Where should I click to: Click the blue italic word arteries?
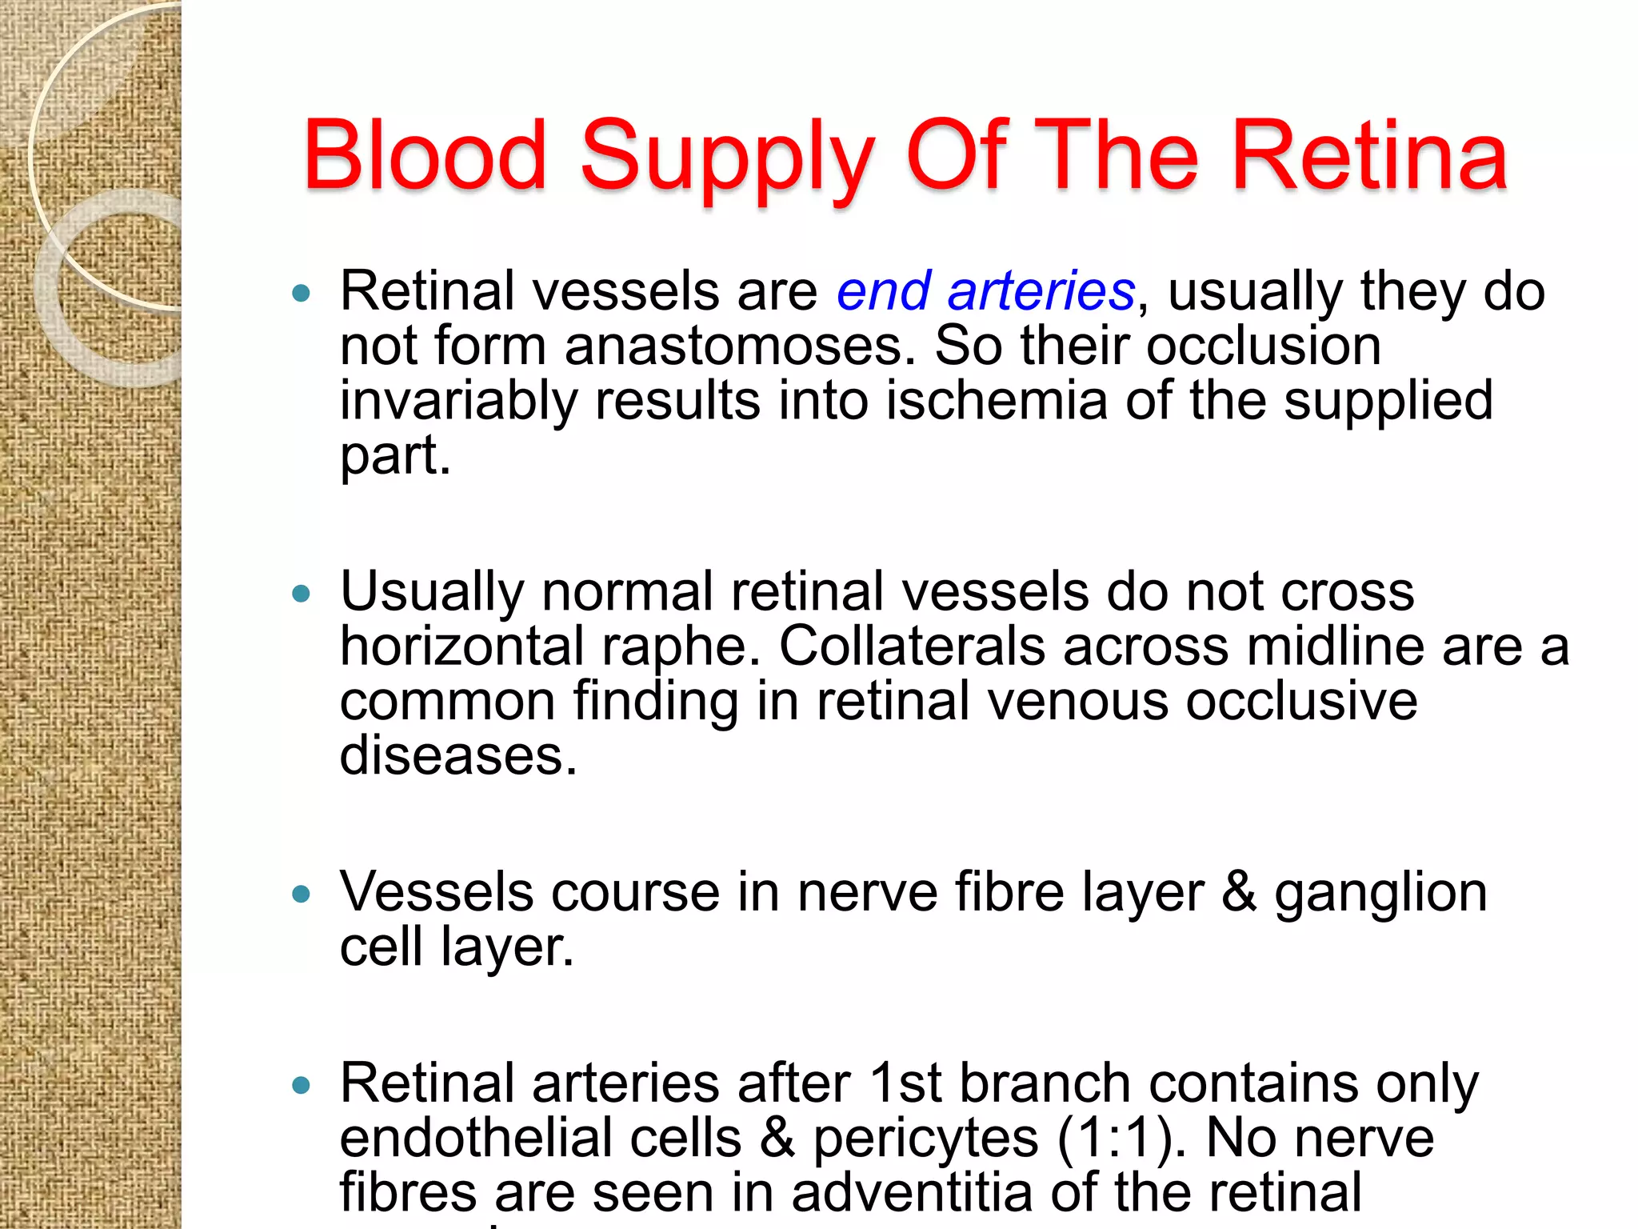coord(1041,290)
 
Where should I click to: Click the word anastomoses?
coord(739,346)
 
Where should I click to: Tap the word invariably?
coord(458,402)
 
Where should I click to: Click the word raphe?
coord(681,647)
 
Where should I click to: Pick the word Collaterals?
coord(911,646)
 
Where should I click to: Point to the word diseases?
coord(457,755)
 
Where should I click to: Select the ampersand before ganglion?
coord(1239,892)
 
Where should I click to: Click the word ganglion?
coord(1380,895)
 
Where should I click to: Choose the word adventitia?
coord(912,1192)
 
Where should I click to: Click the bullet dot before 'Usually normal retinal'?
coord(301,594)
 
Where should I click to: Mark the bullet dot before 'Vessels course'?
coord(301,894)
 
